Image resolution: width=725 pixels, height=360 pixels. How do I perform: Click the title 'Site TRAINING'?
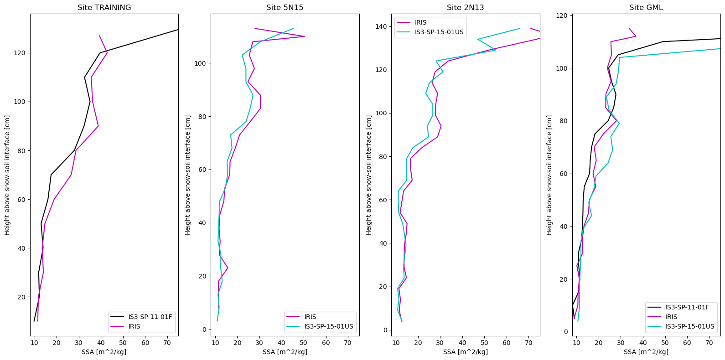104,7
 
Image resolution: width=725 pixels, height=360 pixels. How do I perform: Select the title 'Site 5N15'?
285,7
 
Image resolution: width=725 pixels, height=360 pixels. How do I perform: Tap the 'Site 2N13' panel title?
465,7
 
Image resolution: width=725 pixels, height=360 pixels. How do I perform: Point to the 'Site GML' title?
646,7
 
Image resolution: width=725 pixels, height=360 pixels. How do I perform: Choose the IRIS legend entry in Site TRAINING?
134,326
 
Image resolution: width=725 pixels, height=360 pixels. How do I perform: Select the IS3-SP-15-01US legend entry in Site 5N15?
329,326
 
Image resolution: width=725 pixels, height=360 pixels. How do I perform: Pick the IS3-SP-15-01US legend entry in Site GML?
689,326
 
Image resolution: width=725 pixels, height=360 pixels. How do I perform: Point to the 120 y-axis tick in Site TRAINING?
20,53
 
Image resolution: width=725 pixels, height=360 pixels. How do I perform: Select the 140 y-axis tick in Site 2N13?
381,26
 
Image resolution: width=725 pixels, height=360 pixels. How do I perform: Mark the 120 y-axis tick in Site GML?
562,15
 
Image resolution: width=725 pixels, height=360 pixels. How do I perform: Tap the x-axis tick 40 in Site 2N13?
462,343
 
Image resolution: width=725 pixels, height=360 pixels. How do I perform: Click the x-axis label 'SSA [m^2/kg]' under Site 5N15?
285,352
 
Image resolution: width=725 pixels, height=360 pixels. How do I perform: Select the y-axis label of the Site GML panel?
549,175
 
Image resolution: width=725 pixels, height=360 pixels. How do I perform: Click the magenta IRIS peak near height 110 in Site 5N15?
304,36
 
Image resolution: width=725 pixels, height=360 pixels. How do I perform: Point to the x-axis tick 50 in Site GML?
665,343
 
